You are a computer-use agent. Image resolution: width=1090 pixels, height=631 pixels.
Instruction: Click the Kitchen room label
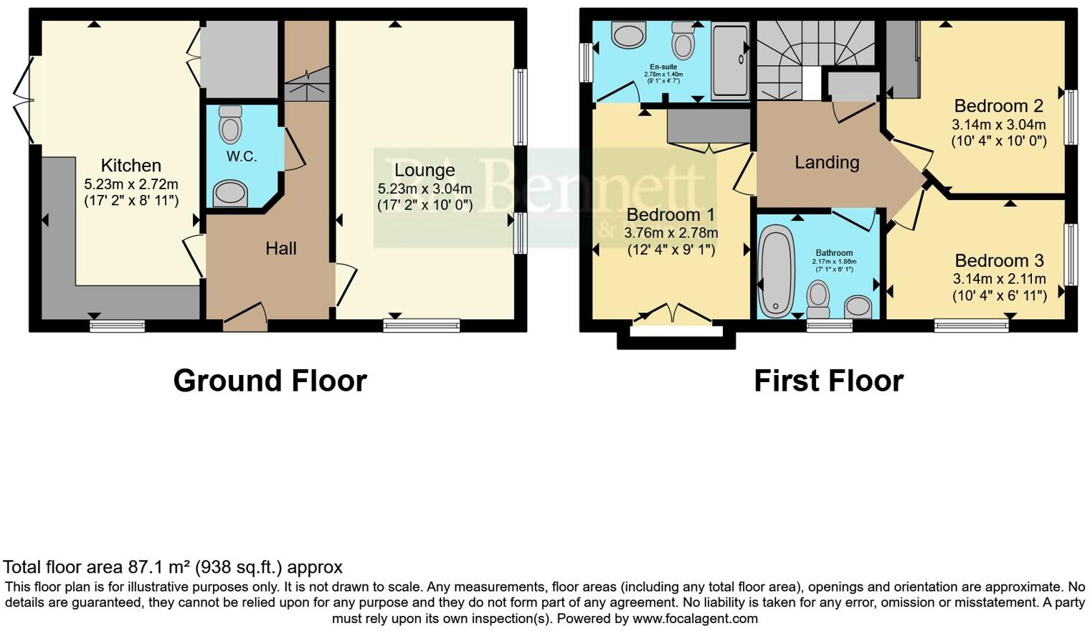pos(131,166)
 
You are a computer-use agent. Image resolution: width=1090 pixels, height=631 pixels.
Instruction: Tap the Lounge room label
pos(425,171)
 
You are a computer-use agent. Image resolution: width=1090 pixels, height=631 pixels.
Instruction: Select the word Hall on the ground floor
pos(280,249)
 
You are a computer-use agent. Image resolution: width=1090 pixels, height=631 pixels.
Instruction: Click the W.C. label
pos(242,156)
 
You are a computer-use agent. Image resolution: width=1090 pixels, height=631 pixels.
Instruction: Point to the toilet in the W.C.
pos(230,125)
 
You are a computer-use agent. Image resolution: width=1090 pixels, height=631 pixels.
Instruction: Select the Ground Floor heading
pos(270,381)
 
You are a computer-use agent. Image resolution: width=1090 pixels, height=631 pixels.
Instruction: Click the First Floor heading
pos(828,381)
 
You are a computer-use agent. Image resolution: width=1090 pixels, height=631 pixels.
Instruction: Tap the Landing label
pos(826,163)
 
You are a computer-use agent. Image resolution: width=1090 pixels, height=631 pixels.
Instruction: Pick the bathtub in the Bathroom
pos(776,271)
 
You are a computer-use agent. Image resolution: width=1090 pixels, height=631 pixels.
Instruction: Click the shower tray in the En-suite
pos(729,60)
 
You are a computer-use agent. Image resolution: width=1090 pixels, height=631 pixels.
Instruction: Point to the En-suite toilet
pos(683,41)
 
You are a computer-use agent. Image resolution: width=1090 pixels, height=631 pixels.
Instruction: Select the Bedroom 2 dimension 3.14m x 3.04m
pos(998,125)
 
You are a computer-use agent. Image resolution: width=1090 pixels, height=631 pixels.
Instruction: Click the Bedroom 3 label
pos(999,260)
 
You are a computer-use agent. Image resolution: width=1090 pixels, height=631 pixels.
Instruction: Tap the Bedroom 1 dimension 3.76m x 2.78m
pos(670,233)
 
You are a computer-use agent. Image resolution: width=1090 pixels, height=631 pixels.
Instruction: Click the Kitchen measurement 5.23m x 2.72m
pos(131,184)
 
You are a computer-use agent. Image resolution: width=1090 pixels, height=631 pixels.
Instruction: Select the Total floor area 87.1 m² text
pos(173,568)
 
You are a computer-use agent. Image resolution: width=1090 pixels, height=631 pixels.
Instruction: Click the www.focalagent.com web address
pos(695,618)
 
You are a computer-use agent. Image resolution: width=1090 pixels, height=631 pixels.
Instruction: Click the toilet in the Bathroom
pos(818,298)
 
